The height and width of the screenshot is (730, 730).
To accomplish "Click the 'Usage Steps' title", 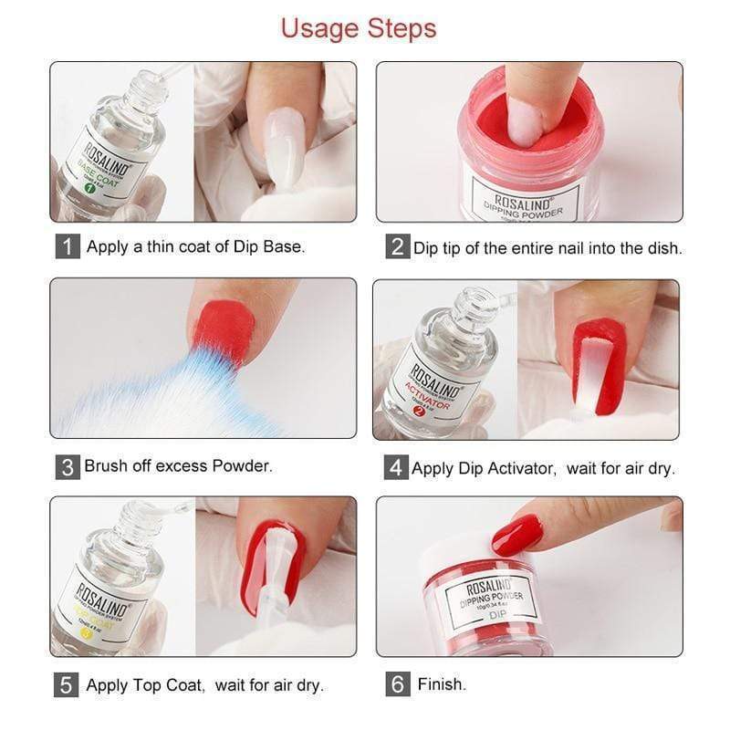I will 358,27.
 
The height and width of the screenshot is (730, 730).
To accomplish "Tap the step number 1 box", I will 68,246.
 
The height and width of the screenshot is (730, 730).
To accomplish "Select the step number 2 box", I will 396,247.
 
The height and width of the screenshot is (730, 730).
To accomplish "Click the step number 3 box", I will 67,467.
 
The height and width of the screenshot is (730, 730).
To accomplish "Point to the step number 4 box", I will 395,468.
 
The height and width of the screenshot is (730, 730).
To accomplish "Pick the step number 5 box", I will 68,684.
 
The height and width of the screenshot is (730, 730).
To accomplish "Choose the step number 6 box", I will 397,684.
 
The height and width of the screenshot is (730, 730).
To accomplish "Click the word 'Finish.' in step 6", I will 442,684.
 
